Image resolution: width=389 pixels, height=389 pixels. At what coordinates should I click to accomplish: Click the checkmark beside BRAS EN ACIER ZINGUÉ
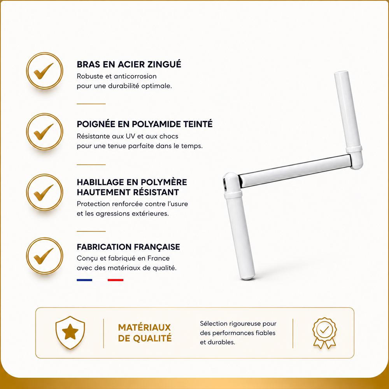coord(43,71)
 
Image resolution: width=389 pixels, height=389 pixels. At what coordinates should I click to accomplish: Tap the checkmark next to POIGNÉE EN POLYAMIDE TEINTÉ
coord(43,132)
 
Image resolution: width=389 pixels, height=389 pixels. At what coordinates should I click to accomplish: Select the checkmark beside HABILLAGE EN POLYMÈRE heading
coord(43,193)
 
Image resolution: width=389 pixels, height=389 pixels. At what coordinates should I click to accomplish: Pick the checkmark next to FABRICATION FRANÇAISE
coord(43,256)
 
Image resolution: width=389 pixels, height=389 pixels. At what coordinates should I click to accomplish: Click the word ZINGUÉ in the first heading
coord(165,64)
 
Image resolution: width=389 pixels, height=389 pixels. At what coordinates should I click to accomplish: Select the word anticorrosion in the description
coord(135,76)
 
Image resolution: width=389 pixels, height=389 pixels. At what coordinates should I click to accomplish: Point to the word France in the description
coord(159,258)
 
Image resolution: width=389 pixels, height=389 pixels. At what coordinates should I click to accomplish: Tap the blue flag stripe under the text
coord(84,280)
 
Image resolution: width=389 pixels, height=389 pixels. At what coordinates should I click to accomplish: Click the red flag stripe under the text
coord(116,280)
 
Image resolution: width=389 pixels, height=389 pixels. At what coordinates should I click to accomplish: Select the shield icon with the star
coord(70,333)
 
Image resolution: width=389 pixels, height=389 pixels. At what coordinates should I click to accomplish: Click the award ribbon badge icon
coord(324,333)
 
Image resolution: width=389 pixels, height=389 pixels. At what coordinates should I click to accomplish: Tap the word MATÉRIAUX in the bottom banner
coord(144,328)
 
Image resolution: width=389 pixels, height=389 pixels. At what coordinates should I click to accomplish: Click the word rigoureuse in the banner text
coord(244,324)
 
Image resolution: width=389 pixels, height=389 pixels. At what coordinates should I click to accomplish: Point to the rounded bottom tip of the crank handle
coord(247,278)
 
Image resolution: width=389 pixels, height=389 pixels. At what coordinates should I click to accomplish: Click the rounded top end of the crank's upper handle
coord(341,73)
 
